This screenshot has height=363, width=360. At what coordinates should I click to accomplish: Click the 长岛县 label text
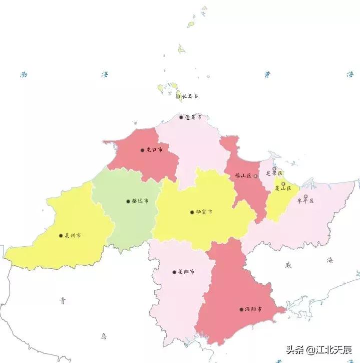coord(190,96)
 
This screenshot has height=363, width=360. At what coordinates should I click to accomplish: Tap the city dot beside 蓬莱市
coord(181,117)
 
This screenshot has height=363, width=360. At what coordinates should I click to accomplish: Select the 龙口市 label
coord(154,150)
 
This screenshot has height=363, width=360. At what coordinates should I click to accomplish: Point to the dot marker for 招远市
coord(128,202)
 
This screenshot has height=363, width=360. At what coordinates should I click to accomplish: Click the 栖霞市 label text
coord(204,212)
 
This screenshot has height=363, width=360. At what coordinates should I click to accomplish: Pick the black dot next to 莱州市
coord(61,235)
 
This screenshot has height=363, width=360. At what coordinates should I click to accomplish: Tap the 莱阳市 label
coord(186,272)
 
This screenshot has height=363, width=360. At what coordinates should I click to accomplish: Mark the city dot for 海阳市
coord(241,309)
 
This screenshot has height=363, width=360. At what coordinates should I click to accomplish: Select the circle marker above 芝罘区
coord(274,169)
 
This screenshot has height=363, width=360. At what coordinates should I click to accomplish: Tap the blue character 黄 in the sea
coord(267,75)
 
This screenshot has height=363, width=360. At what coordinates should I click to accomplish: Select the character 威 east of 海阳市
coord(287,264)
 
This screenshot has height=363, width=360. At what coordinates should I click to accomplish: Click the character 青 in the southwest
coord(63,301)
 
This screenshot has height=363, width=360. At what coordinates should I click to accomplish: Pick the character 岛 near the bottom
coord(104,336)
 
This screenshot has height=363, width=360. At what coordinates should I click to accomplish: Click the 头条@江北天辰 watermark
coord(319,349)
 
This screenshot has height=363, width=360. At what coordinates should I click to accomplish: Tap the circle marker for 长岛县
coord(178,96)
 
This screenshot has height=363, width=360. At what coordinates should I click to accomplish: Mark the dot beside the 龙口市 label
coord(142,150)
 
